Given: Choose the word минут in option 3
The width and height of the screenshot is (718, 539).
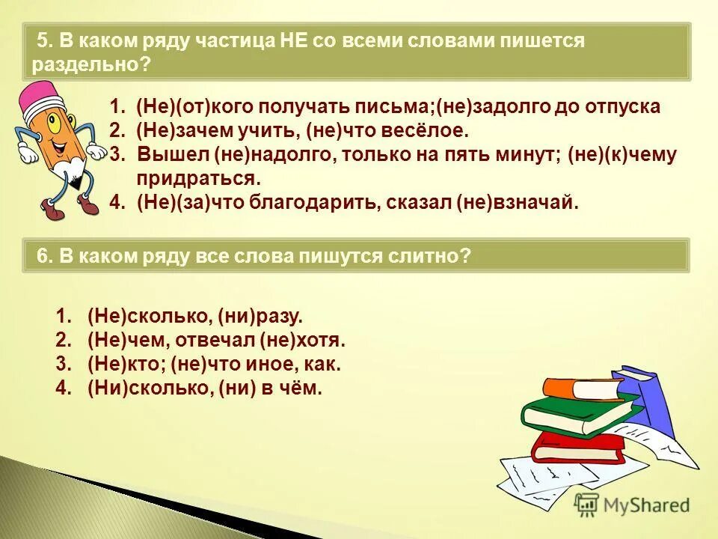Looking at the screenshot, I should coord(533,155).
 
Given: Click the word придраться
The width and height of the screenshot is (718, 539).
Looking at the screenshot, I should coord(199,179).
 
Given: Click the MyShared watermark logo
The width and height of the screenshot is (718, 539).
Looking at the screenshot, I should coord(633,505).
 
